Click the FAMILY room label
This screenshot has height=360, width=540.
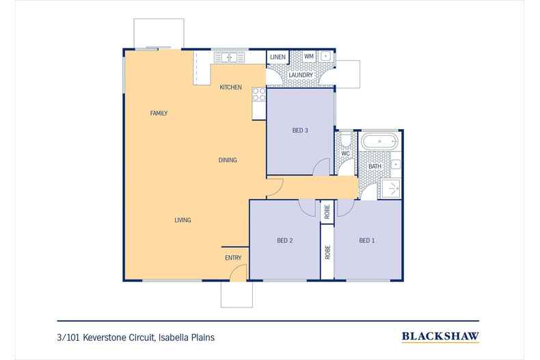[159, 113]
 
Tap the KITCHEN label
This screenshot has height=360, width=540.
[230, 87]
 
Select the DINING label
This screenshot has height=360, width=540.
[228, 161]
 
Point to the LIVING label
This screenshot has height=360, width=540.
[183, 220]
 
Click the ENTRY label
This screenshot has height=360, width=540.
[233, 258]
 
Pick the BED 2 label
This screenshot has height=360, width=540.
[285, 240]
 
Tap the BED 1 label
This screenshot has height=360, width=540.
[367, 240]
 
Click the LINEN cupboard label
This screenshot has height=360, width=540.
[278, 57]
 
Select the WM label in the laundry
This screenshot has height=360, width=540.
[308, 56]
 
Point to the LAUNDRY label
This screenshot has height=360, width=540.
[300, 75]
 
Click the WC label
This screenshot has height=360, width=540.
[345, 154]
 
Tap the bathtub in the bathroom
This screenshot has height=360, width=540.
[379, 143]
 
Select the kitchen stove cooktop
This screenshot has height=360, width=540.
[258, 95]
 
